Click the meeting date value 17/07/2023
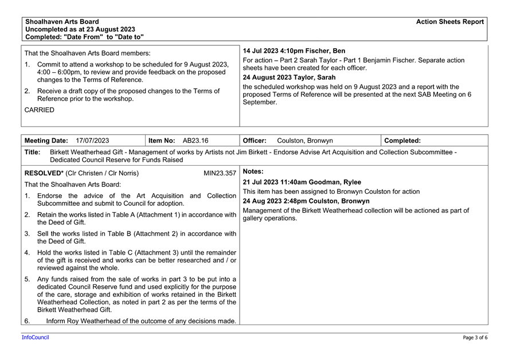[x=92, y=140]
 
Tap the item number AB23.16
[x=195, y=140]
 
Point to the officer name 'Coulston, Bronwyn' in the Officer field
[x=304, y=140]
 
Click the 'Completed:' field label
[x=402, y=140]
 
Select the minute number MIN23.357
[x=220, y=173]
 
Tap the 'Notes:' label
[x=253, y=171]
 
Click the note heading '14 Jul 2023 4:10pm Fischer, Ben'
[x=294, y=51]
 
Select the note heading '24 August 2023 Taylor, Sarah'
[x=289, y=77]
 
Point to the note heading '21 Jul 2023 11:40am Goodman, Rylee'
[x=302, y=182]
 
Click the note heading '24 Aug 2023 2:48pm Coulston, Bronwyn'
[x=306, y=201]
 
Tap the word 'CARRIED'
[x=40, y=110]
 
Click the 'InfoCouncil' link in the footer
[x=36, y=338]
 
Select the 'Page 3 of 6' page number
[x=475, y=338]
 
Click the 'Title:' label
[x=33, y=152]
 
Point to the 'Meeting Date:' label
[x=46, y=140]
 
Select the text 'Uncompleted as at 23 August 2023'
[x=80, y=29]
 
